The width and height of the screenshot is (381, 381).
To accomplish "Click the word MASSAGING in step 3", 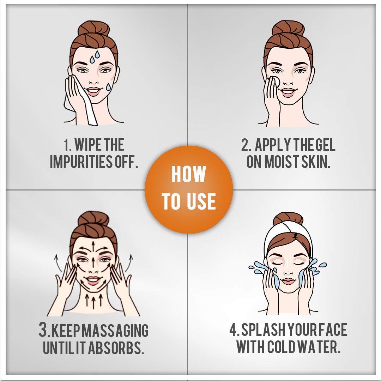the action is (x=115, y=331).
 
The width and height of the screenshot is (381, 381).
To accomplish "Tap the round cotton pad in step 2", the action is (x=276, y=81).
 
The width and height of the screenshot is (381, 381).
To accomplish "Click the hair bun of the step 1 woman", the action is (x=93, y=29).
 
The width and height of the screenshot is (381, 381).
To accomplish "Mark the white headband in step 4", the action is (x=288, y=235).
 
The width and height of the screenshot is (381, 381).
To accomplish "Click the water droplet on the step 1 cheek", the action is (x=108, y=87).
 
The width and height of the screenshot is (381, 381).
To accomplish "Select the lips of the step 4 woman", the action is (x=288, y=282).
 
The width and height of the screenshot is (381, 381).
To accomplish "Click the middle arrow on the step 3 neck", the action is (x=93, y=301).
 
